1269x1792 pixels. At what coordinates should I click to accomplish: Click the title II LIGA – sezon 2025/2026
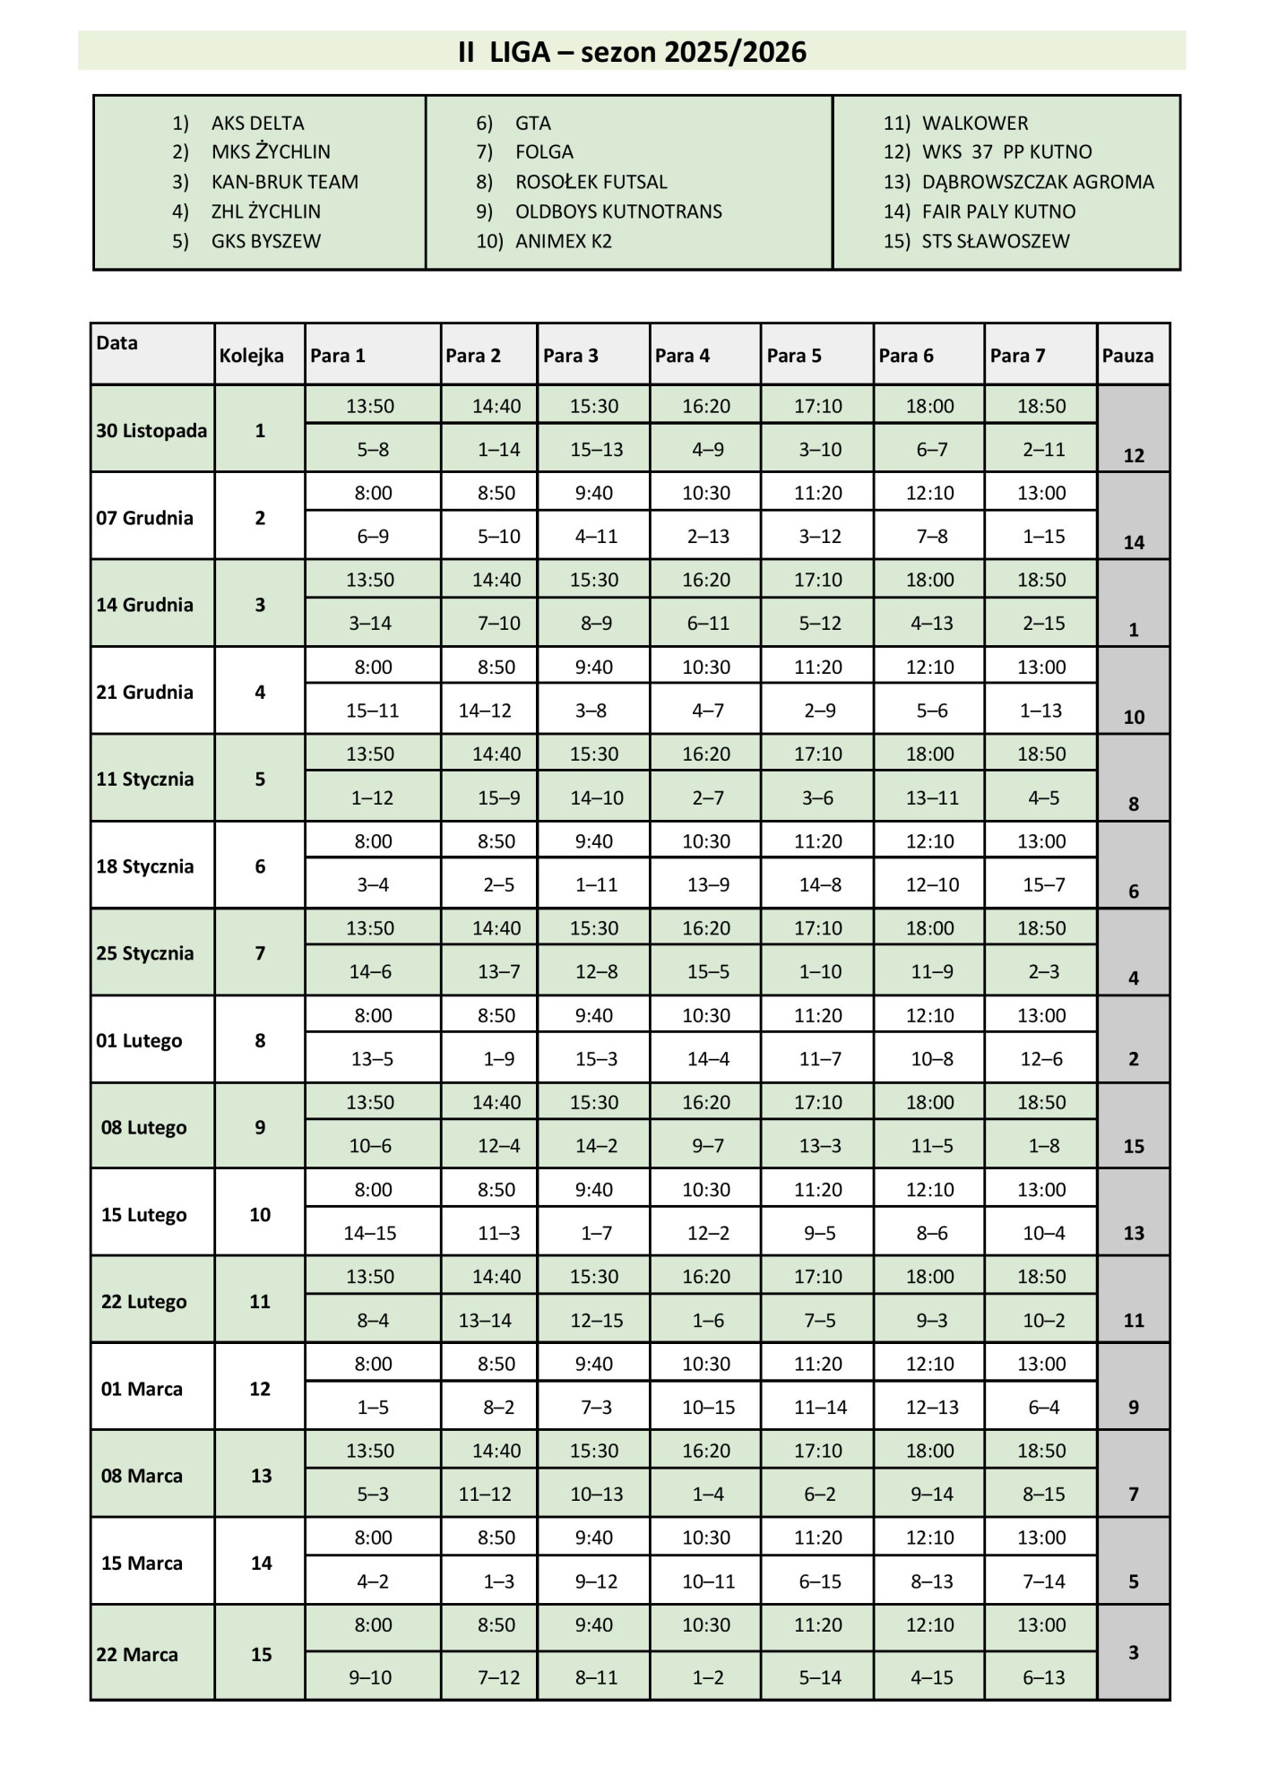click(632, 52)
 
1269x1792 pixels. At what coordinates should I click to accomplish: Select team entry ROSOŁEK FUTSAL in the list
click(591, 182)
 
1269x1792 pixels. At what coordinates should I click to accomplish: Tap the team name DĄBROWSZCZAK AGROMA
click(1037, 182)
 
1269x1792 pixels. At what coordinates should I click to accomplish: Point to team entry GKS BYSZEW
click(265, 241)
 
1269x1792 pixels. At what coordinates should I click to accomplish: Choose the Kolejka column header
click(251, 356)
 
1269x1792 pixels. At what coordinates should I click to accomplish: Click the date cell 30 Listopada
click(151, 430)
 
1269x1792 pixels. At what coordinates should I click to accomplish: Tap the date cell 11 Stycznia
click(145, 779)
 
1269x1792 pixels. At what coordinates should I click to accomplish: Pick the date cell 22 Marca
click(137, 1654)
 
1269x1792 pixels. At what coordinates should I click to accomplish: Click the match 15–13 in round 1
click(596, 450)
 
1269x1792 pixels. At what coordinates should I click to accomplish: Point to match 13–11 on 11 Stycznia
click(931, 797)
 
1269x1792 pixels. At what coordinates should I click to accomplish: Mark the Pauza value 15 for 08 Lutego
click(1133, 1146)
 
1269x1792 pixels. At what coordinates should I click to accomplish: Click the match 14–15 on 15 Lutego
click(370, 1233)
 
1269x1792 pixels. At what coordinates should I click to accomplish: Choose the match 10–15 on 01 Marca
click(708, 1407)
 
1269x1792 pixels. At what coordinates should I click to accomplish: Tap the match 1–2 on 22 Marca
click(707, 1677)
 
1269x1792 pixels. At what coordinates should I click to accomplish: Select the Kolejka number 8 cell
click(260, 1040)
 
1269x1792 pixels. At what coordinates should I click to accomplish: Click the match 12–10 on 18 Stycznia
click(931, 884)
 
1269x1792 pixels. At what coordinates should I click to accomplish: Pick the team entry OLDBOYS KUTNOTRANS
click(617, 211)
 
